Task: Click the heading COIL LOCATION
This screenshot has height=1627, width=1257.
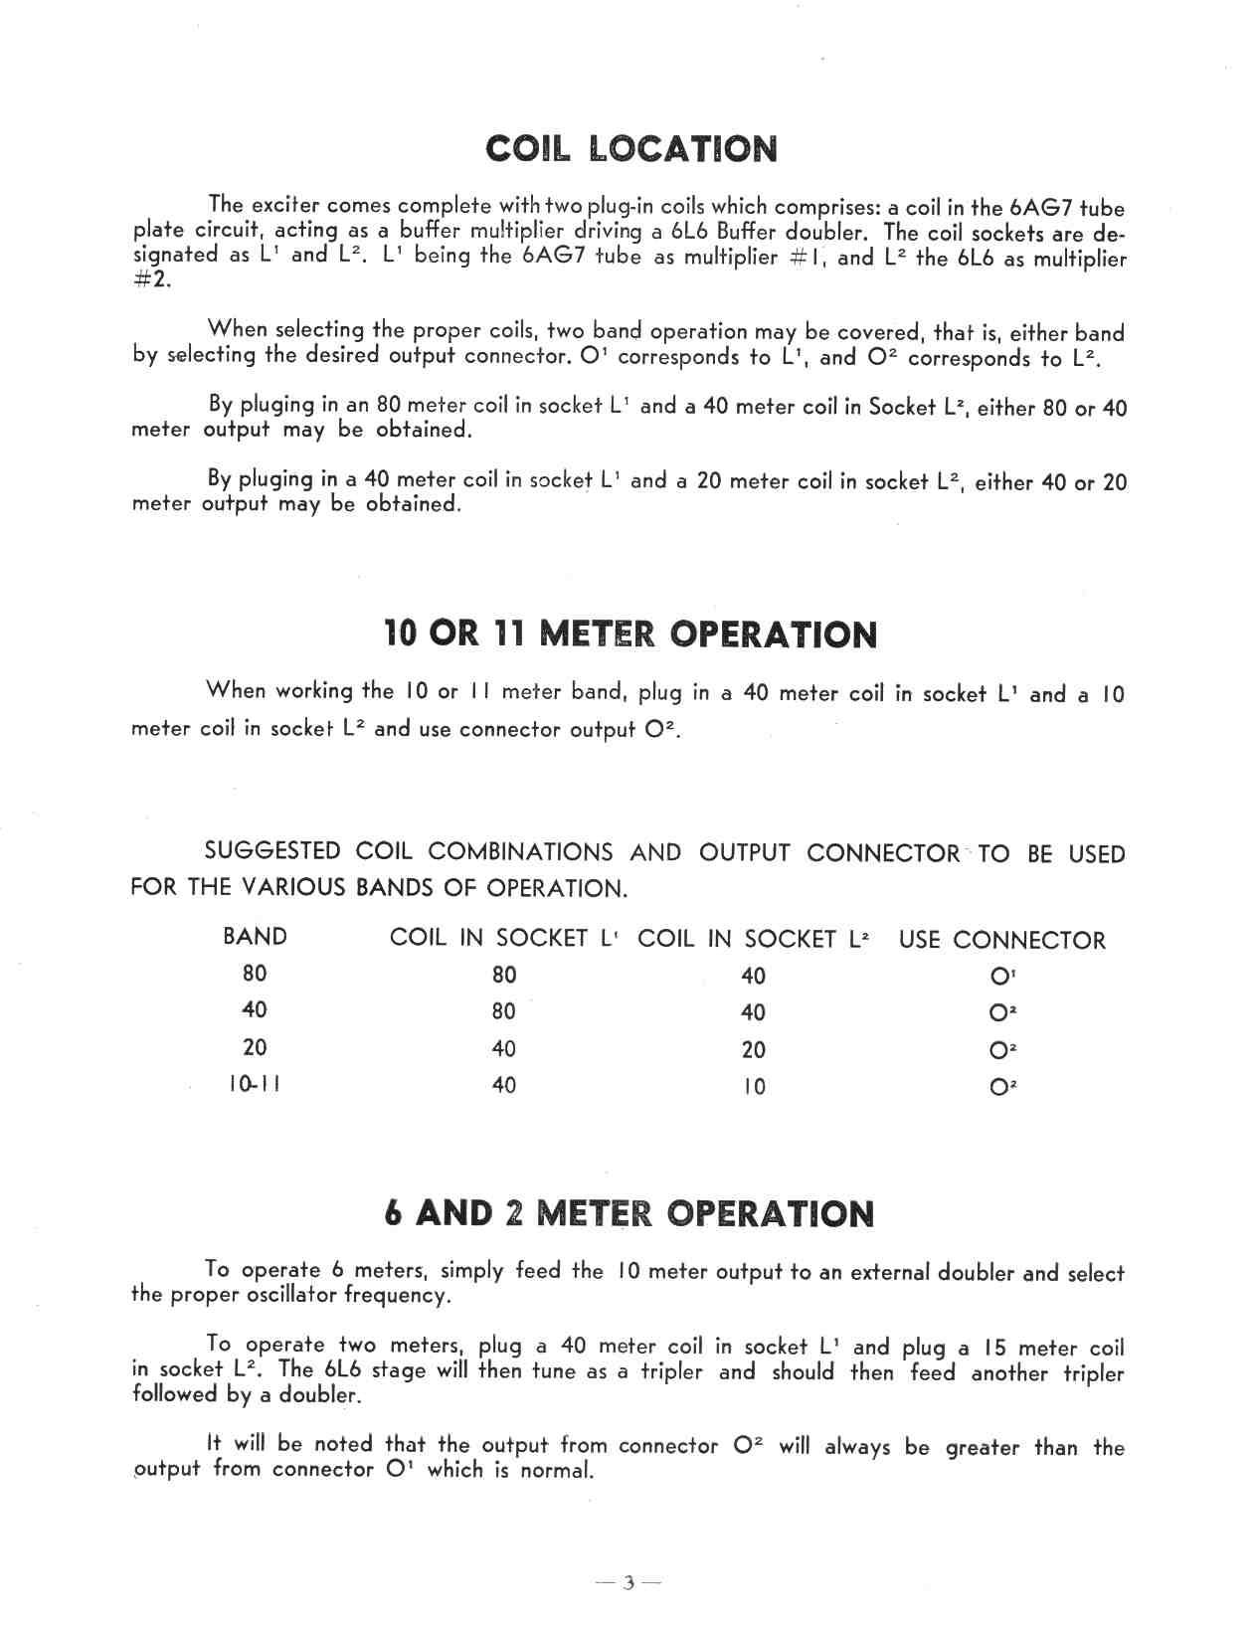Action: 631,149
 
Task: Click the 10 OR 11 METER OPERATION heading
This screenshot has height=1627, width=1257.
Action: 630,633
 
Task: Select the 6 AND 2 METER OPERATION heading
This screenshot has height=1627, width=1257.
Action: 629,1213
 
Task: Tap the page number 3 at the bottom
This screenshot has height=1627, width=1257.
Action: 628,1583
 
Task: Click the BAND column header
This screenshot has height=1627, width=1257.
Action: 255,937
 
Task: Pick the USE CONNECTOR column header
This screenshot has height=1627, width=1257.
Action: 1001,940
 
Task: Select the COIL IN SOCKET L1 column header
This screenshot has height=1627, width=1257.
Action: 504,938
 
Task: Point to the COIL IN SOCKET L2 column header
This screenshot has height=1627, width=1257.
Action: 753,939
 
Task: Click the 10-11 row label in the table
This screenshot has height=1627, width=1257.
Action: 255,1084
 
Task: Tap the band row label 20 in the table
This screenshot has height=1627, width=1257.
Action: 255,1047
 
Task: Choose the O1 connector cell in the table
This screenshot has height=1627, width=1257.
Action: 1002,977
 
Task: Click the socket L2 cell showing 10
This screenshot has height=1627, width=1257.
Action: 754,1086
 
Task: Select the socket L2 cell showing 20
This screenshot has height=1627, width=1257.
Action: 754,1049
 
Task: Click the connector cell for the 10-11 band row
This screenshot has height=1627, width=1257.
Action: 1002,1087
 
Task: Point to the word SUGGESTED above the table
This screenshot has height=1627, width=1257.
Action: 271,851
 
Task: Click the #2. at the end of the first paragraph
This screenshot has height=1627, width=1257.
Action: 151,279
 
